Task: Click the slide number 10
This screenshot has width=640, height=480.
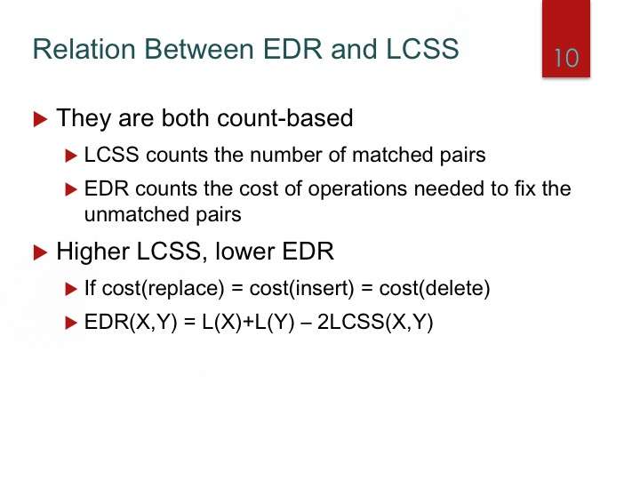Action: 566,58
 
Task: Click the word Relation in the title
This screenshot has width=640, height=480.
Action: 84,49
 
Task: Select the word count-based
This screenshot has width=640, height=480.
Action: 285,117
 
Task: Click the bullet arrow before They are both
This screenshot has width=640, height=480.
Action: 40,120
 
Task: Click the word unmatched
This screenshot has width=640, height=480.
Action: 136,214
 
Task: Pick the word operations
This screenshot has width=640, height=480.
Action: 357,190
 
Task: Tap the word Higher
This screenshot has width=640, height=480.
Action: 93,252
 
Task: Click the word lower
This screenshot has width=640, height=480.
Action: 244,252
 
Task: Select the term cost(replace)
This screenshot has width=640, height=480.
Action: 164,289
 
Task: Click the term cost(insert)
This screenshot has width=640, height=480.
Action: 301,289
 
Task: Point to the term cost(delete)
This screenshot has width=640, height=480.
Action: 435,289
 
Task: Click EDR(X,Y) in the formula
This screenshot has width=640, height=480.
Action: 131,322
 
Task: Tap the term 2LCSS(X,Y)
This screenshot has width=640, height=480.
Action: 375,322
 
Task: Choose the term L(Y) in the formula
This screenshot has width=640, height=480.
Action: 275,322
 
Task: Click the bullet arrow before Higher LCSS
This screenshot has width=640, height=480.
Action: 40,252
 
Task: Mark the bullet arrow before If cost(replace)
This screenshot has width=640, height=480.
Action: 71,289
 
